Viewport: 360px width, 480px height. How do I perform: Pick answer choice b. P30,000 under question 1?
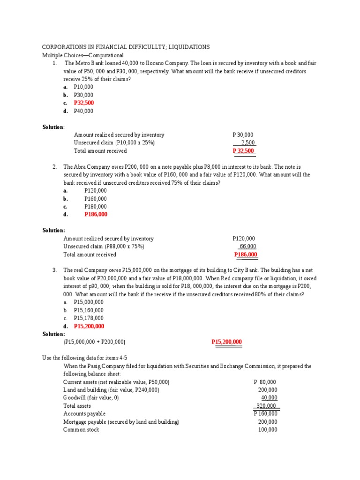click(x=83, y=95)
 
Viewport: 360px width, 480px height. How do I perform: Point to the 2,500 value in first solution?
click(x=248, y=143)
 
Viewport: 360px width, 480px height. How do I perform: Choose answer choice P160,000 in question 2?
click(x=96, y=199)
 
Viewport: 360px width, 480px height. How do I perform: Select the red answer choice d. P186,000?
click(x=96, y=214)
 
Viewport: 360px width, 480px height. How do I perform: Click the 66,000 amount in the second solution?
click(x=247, y=247)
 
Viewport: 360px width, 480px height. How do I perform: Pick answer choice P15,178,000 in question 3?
click(x=89, y=318)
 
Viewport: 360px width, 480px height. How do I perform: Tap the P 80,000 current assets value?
click(x=265, y=382)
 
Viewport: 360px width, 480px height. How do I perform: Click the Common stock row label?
click(x=81, y=429)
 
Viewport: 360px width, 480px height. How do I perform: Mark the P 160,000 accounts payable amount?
click(x=265, y=413)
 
